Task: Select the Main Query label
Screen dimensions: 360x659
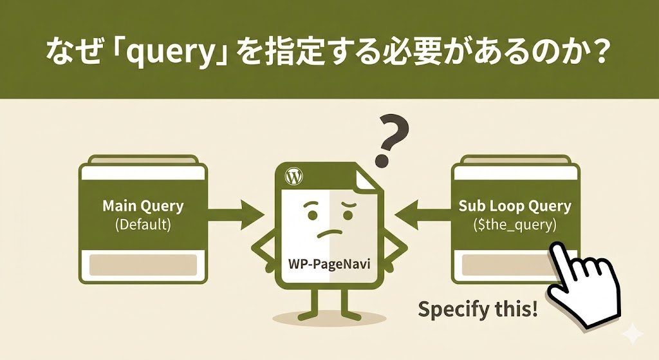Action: pos(143,206)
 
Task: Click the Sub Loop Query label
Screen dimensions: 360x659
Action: pos(515,206)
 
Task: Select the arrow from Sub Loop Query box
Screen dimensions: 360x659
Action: pos(422,215)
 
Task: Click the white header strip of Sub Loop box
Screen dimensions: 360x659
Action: pos(515,173)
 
